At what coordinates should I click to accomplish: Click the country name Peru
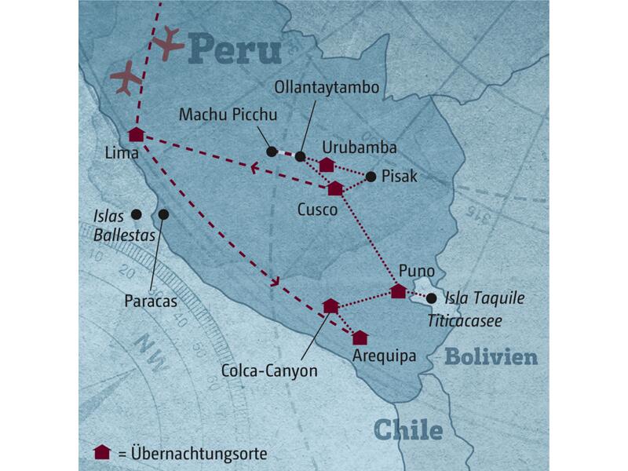(x=235, y=49)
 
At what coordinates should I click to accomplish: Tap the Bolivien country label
(x=491, y=357)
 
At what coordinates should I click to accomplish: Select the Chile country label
(x=407, y=429)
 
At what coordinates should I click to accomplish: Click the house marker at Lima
(x=137, y=134)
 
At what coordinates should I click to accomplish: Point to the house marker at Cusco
(x=335, y=188)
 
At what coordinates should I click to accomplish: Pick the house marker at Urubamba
(x=327, y=164)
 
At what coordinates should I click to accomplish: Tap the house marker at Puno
(x=398, y=291)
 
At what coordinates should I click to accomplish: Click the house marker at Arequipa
(x=360, y=338)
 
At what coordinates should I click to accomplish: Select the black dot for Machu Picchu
(x=272, y=152)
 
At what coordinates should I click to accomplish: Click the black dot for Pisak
(x=371, y=177)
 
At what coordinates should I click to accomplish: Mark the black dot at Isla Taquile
(x=431, y=298)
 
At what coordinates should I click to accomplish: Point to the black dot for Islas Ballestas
(x=136, y=214)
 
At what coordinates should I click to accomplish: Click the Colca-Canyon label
(x=269, y=370)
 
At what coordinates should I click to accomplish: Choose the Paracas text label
(x=151, y=300)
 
